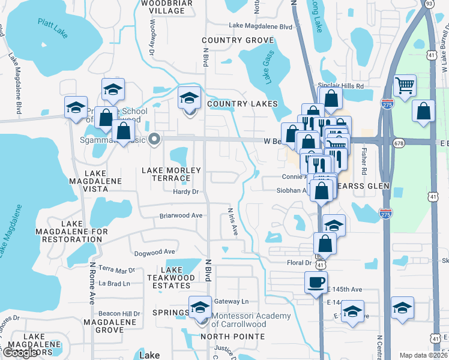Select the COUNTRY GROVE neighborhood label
(x=238, y=40)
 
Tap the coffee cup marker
(x=316, y=282)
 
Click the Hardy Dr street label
(x=185, y=192)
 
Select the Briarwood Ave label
(x=180, y=215)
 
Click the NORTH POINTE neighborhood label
(x=232, y=336)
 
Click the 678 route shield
(x=399, y=143)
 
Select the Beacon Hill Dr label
(x=119, y=313)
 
